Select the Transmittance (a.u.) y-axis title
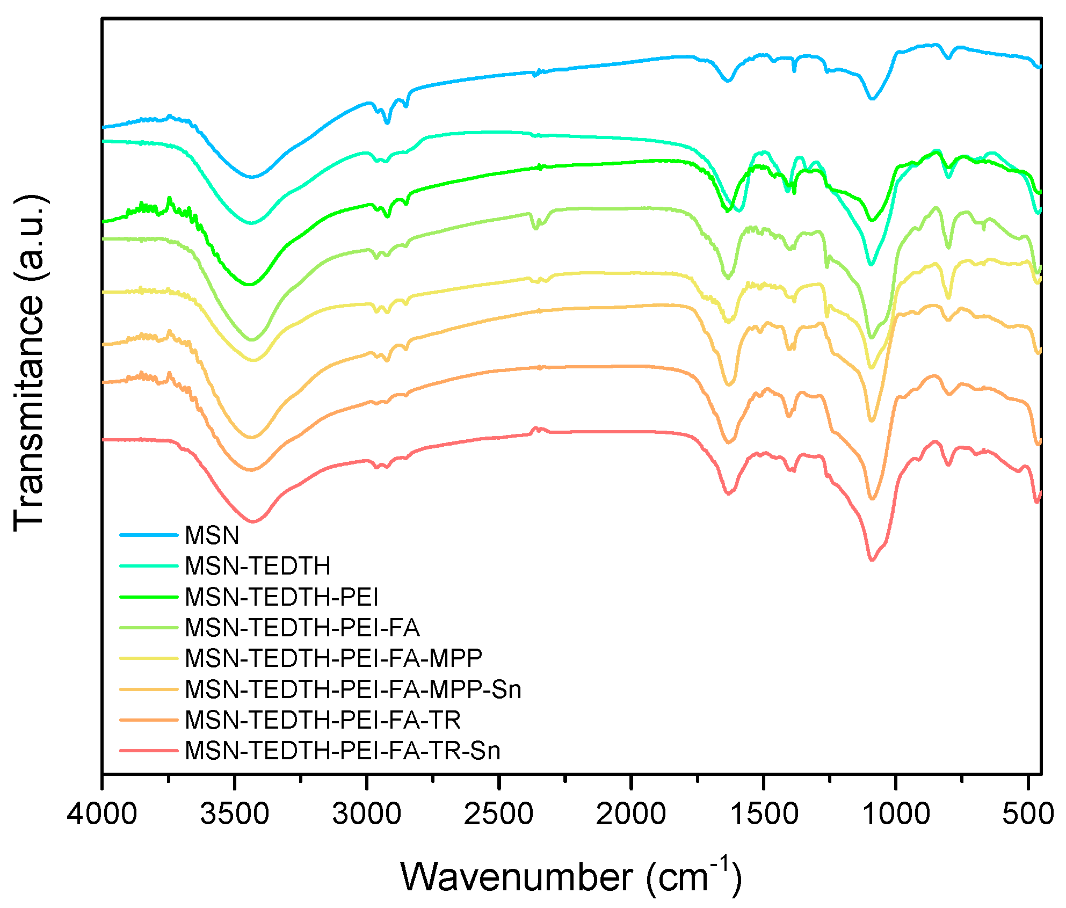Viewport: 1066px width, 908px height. [30, 363]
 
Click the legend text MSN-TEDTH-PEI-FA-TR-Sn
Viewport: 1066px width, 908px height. [342, 751]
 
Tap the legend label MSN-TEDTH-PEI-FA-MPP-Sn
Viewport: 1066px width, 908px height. [353, 689]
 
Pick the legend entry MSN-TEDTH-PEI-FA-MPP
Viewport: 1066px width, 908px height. [333, 658]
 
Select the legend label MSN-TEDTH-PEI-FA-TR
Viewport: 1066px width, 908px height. [322, 720]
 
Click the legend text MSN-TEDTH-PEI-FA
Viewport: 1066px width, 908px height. [302, 628]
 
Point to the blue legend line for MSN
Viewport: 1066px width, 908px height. [148, 535]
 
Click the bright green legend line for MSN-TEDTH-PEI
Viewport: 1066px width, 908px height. [148, 597]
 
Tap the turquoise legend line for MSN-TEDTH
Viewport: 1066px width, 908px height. [148, 566]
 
